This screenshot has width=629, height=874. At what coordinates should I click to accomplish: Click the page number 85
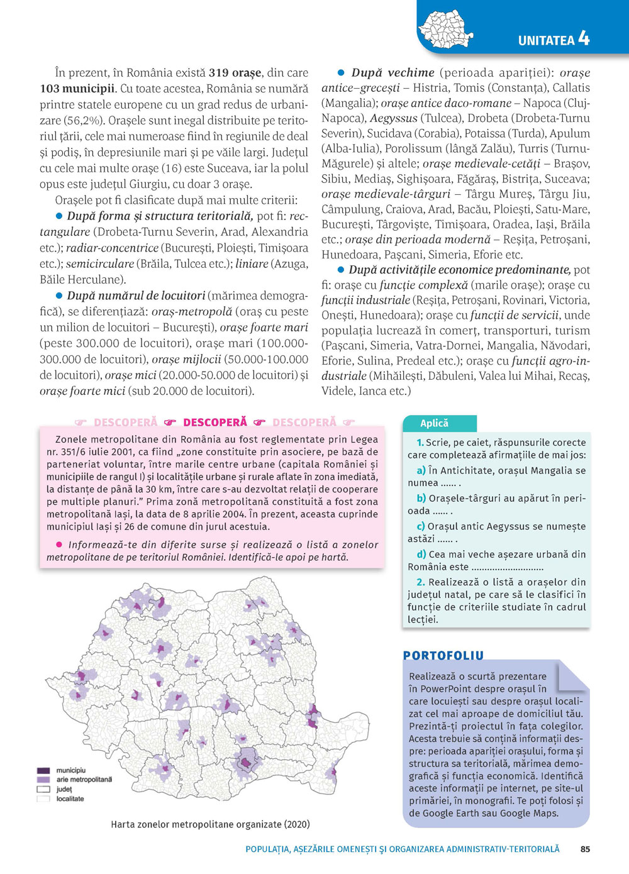[585, 849]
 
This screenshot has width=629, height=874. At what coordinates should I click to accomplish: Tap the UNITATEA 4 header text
[554, 39]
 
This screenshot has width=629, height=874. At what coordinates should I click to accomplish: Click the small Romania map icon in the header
[445, 29]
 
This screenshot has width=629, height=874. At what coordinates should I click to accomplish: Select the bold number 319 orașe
[235, 73]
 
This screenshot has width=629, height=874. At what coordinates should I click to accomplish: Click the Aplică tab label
[435, 423]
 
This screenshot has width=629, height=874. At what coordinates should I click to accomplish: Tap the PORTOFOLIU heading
[443, 656]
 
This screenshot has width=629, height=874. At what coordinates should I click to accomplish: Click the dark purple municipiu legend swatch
[43, 770]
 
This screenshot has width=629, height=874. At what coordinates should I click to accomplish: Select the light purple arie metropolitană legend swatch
[43, 780]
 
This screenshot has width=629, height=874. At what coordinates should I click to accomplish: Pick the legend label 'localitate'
[70, 799]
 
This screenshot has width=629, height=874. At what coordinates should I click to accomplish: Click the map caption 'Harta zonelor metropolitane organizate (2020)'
[210, 824]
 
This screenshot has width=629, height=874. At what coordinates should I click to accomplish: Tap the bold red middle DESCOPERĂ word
[215, 423]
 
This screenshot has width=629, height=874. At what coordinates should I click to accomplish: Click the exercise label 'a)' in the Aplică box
[421, 470]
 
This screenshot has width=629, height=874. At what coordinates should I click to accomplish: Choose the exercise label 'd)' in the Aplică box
[421, 555]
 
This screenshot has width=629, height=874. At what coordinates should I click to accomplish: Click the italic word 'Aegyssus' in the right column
[394, 118]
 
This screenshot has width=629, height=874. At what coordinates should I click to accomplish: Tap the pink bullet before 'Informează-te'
[59, 545]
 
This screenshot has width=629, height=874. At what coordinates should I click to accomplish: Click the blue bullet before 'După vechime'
[341, 73]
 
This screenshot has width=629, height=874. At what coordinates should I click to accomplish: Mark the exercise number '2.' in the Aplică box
[421, 582]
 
